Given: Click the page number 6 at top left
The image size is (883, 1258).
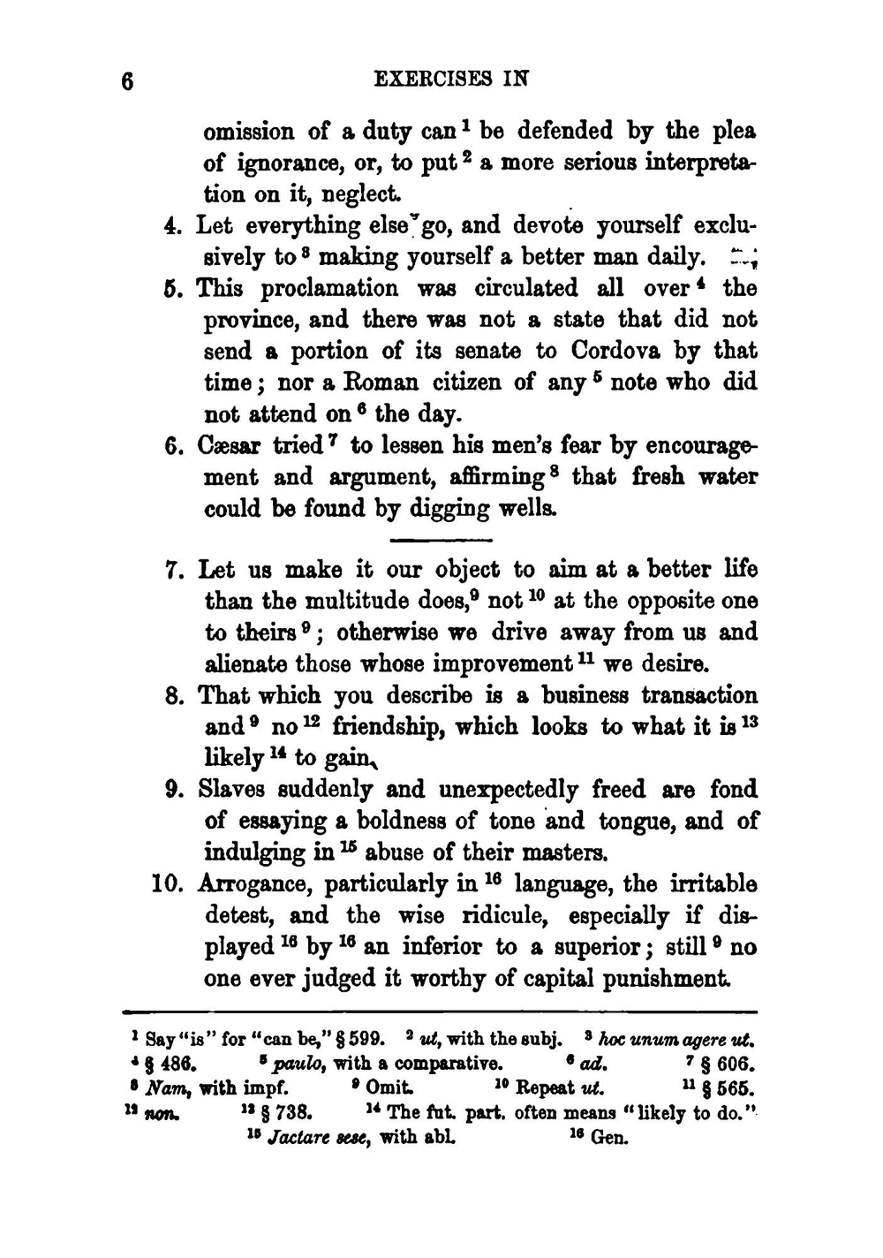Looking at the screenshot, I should tap(129, 81).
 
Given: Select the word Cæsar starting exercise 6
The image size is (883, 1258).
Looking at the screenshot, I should tap(229, 445).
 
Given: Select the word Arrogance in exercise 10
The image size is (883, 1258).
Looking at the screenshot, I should tap(257, 884).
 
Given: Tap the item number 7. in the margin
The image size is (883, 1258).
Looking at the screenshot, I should tap(175, 570).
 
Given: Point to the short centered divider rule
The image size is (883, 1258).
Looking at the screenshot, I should tap(440, 540).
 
